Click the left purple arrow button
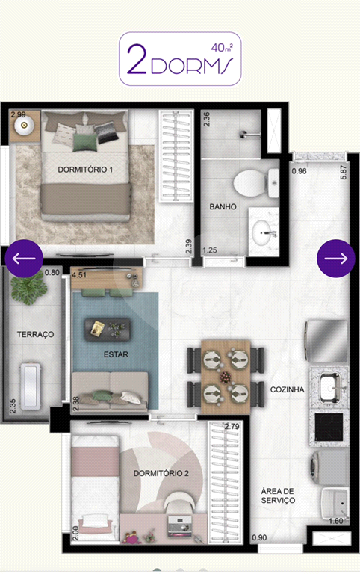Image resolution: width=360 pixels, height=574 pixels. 24,259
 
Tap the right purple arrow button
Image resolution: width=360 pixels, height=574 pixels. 336,259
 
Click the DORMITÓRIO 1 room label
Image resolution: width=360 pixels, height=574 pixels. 85,170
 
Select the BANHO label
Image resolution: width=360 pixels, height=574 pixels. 223,206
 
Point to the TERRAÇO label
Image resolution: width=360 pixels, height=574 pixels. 36,334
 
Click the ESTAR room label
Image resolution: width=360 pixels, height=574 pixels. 116,354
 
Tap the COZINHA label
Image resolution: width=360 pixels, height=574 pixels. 288,389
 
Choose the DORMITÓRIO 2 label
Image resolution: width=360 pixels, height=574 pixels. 161,473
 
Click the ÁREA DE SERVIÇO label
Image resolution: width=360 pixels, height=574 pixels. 278,496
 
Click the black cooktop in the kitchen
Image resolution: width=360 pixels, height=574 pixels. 329,427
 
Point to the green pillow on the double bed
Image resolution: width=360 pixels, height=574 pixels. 85,142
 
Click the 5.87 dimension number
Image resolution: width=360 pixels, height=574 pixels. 343,172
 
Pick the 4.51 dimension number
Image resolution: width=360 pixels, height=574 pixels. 79,274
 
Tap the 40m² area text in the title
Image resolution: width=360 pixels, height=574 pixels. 222,48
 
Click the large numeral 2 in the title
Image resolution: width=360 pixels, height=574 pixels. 137,59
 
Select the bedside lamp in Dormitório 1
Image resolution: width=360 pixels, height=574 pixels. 25,126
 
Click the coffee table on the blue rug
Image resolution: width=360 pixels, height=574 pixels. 108,328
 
